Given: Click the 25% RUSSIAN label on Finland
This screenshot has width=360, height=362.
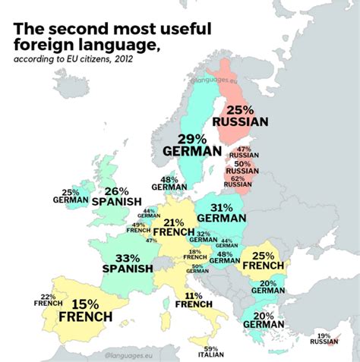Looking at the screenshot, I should point(240,115).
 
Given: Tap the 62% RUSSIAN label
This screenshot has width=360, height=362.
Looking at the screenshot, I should point(238,181).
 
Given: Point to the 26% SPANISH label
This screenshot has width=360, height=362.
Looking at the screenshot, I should point(117,197).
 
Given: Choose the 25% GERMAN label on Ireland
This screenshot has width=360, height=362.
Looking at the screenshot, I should point(71,197).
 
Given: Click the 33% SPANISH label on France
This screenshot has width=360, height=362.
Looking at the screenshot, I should point(128,263).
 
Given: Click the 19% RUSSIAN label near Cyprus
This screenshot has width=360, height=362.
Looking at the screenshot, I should point(324,338).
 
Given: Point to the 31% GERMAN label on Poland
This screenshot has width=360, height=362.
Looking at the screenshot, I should point(221,212).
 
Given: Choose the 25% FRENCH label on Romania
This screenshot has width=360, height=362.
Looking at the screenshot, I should point(263,260).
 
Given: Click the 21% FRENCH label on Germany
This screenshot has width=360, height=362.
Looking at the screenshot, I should point(174,227).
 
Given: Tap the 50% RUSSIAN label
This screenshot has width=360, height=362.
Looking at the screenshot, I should point(242,167).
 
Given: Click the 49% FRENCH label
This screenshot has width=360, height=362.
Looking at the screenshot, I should point(139,227).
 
